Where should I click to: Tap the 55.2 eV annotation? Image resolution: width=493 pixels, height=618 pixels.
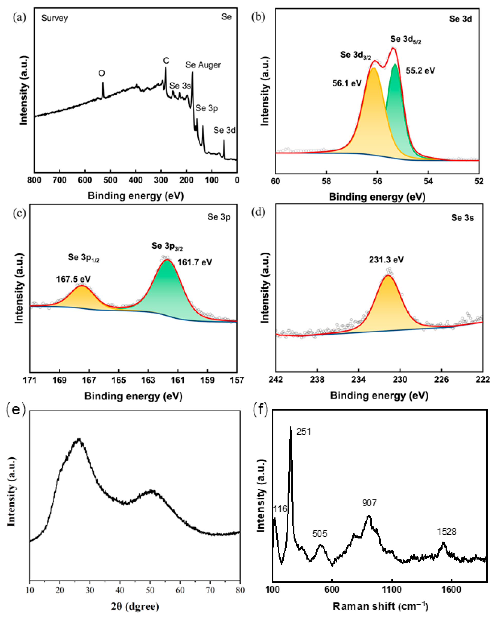coord(420,71)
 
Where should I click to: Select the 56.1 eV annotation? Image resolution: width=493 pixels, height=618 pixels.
coord(347,83)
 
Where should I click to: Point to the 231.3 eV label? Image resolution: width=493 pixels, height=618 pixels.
coord(386,260)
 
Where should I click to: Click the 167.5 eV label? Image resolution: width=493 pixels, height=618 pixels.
coord(73,279)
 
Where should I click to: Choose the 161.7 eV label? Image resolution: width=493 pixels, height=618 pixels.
coord(195,262)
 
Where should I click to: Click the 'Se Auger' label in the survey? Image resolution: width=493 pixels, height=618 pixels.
coord(203,65)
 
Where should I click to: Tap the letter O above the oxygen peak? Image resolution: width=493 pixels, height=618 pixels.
coord(102,73)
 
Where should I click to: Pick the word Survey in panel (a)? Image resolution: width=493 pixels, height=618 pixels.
coord(54,18)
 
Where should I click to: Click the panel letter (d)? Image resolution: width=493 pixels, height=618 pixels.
coord(258,212)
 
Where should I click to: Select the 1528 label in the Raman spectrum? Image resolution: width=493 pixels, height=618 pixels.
coord(447,532)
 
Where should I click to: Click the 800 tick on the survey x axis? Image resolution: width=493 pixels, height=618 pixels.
coord(34,180)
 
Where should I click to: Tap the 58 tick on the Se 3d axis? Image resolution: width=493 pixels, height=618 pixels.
coord(326,182)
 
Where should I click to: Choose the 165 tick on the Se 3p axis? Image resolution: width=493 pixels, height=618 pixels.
coord(119,380)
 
